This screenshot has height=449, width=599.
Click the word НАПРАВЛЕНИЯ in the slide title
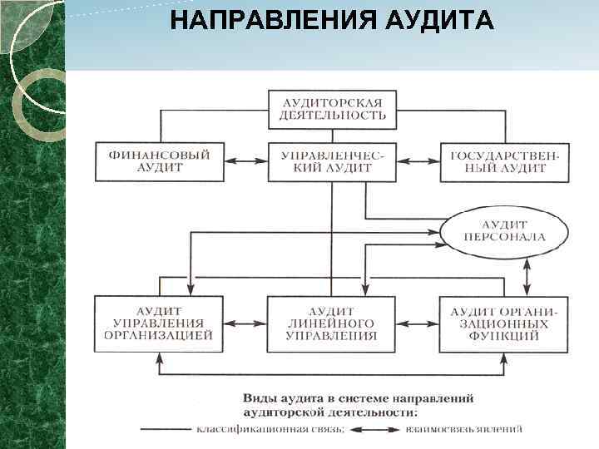265,19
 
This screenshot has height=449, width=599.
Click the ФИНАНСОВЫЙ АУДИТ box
160,161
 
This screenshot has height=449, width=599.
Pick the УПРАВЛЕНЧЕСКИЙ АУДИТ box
332,161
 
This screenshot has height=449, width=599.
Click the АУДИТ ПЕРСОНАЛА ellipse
504,230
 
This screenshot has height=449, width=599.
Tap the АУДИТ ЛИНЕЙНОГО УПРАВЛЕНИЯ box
332,323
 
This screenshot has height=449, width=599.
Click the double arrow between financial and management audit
245,161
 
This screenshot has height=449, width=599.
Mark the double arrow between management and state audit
418,161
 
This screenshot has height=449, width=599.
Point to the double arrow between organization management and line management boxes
245,323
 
